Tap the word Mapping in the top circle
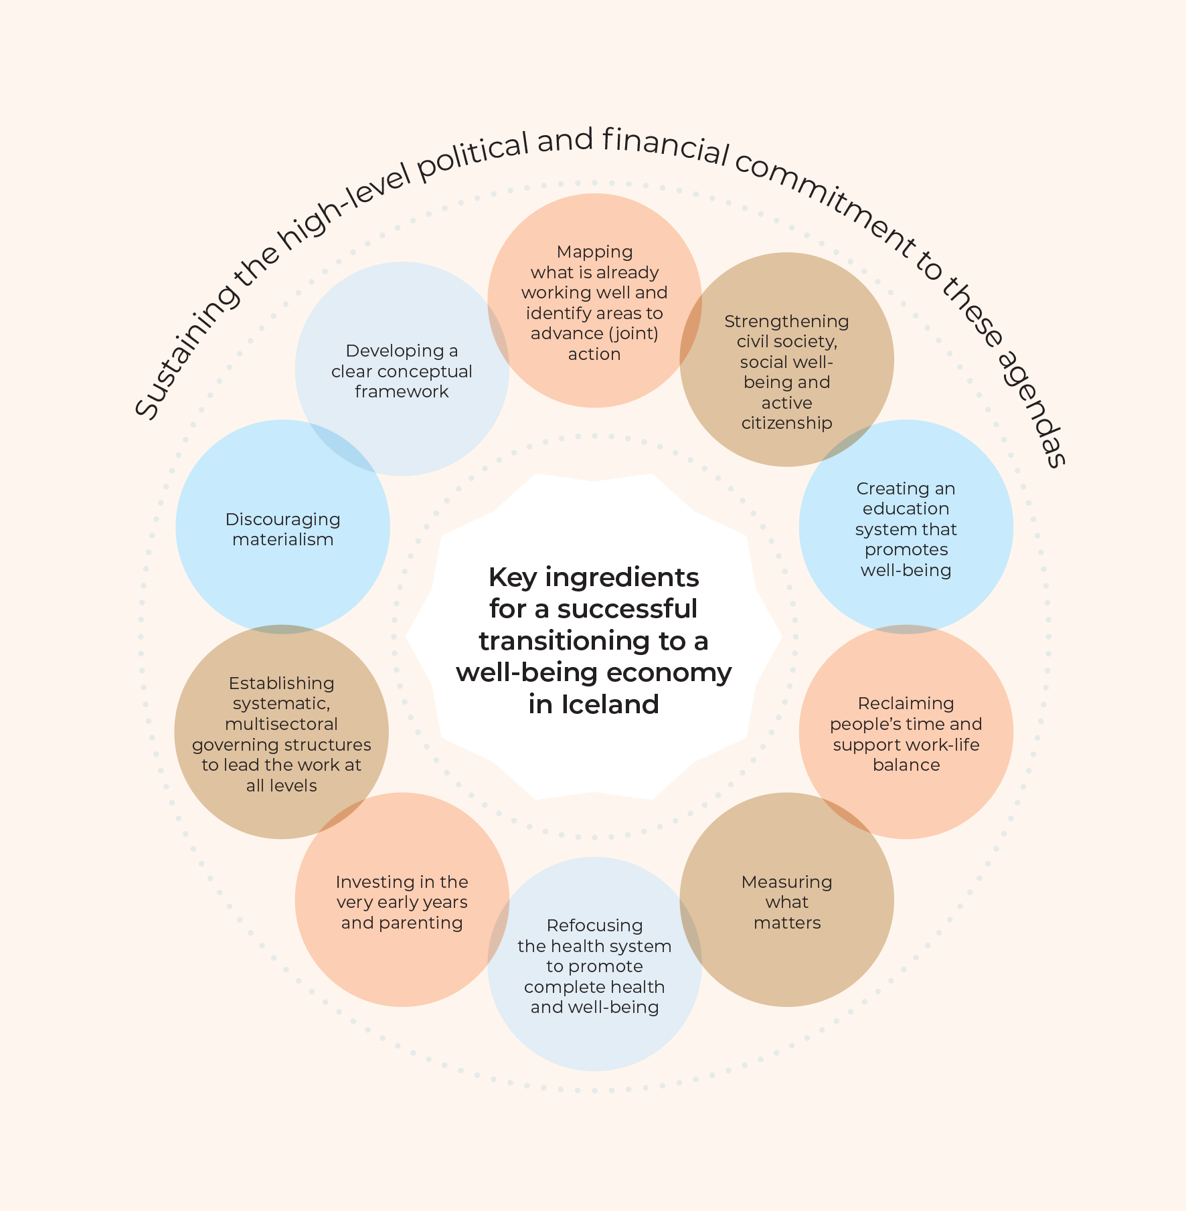coord(594,252)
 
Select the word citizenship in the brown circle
coord(786,423)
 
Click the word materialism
coord(282,540)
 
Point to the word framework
coord(402,391)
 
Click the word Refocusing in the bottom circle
coord(594,926)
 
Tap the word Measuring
coord(786,882)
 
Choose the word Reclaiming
coord(906,704)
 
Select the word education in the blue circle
coord(906,509)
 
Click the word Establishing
coord(281,683)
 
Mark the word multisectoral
coord(281,725)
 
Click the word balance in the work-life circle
coord(906,765)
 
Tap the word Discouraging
coord(282,520)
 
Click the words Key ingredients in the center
coord(593,577)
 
